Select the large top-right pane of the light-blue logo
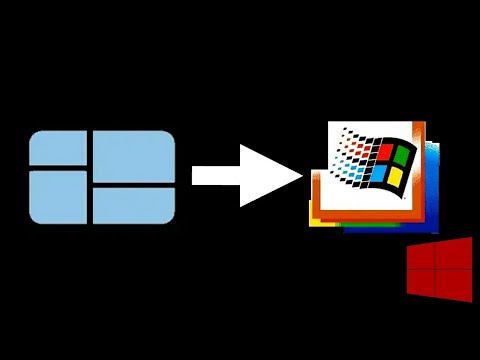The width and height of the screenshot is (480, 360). pos(135,157)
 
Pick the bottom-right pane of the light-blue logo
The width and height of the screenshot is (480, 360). pos(135,207)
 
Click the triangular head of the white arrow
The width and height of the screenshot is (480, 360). pos(268,175)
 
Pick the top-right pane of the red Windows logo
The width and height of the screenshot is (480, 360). pos(456,254)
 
